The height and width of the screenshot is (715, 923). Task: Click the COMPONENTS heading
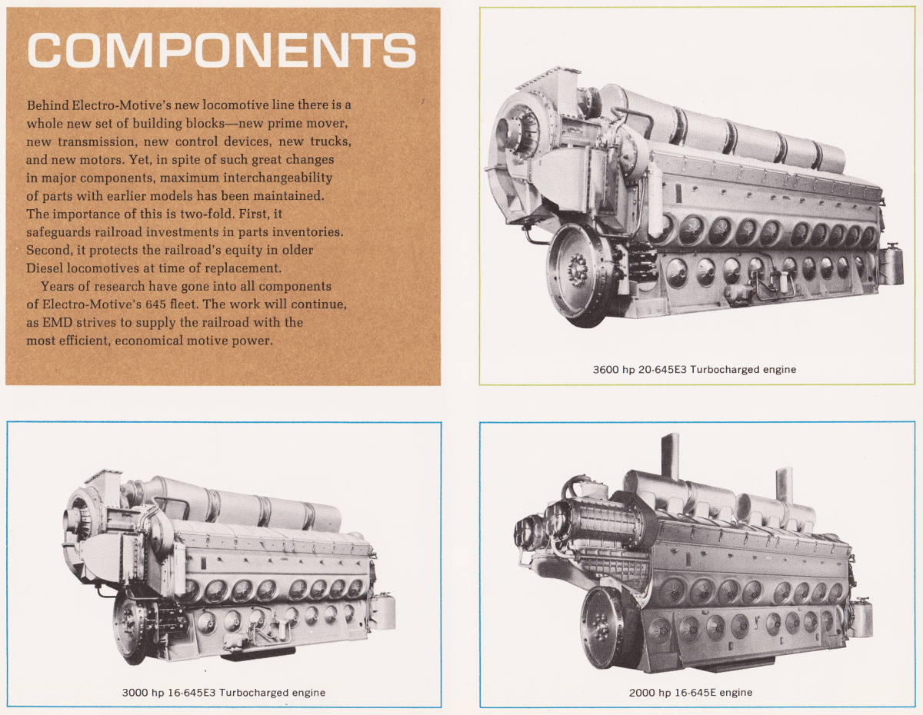pos(222,51)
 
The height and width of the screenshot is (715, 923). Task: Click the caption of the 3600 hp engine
pos(694,370)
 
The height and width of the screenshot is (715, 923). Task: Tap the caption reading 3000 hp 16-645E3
pos(223,693)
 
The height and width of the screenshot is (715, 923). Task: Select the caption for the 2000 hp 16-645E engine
pos(690,693)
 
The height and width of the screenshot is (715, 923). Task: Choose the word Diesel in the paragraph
pos(45,268)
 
